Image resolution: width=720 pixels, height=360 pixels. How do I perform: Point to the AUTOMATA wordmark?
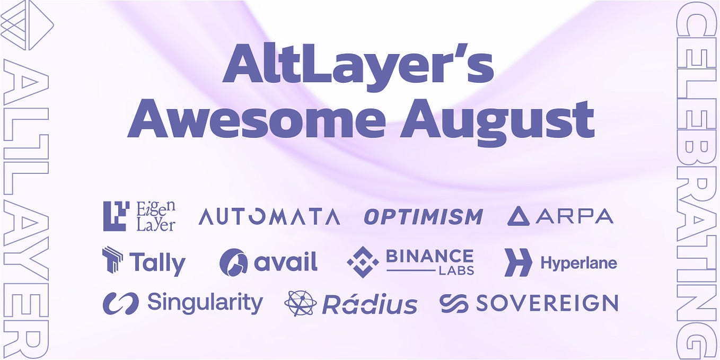tap(269, 216)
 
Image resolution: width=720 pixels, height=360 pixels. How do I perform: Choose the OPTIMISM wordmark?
tap(423, 217)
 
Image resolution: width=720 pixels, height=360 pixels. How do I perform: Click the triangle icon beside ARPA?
tap(518, 216)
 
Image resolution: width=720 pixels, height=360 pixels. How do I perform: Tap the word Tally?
tap(157, 263)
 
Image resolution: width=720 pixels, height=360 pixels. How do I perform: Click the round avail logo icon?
tap(233, 262)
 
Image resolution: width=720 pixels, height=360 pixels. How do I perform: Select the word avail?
tap(285, 261)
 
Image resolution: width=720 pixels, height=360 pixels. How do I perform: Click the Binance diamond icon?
tap(363, 262)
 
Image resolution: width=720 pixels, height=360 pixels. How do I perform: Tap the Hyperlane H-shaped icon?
tap(517, 262)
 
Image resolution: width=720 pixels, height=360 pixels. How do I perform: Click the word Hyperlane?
tap(578, 262)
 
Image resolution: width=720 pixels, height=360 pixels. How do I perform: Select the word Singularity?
tap(205, 303)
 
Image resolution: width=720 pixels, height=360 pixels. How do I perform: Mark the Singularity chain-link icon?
tap(120, 303)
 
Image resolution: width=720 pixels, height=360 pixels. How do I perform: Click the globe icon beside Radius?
tap(300, 303)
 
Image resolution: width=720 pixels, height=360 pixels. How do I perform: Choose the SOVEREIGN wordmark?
tap(547, 303)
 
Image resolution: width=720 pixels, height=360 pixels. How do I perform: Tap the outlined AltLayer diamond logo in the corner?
tap(27, 25)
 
